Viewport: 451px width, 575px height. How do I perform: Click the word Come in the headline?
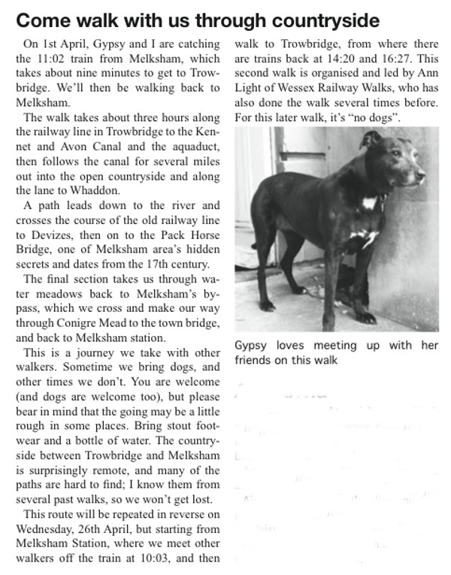tap(44, 20)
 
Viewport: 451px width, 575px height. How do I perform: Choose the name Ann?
tap(431, 73)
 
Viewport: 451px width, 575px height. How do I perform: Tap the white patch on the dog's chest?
tap(369, 203)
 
